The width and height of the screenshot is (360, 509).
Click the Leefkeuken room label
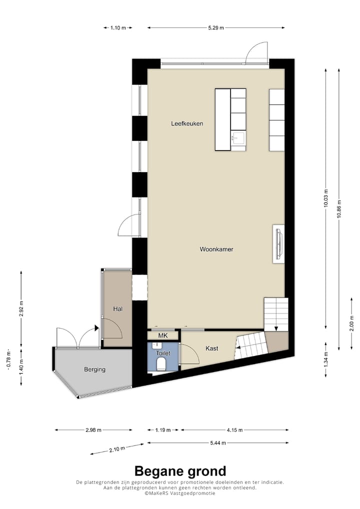click(187, 123)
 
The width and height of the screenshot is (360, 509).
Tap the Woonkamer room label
click(216, 249)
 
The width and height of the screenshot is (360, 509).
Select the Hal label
click(118, 309)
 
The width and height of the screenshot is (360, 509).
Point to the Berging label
click(94, 369)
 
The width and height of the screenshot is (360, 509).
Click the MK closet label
click(162, 335)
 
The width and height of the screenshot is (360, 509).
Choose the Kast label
click(212, 348)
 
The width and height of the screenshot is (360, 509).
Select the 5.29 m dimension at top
click(216, 27)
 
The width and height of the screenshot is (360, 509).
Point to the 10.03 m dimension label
click(326, 198)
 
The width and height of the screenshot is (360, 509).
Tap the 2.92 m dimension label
click(21, 310)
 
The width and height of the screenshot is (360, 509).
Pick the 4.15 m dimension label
click(234, 429)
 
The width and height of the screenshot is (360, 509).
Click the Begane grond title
click(180, 471)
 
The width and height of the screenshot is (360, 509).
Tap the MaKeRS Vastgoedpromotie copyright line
click(180, 493)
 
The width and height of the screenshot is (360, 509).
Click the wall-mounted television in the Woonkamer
click(278, 243)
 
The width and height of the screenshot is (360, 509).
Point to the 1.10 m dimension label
click(118, 27)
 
